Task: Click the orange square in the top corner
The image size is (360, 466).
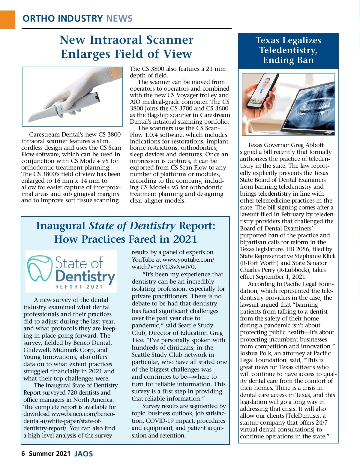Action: click(x=7, y=20)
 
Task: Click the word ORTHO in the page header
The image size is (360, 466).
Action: click(x=38, y=19)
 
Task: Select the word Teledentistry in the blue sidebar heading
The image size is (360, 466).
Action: click(x=288, y=50)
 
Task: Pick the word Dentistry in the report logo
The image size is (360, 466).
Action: click(x=85, y=276)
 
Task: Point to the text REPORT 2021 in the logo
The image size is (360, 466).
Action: click(x=79, y=287)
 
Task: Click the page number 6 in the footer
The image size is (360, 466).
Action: click(x=23, y=453)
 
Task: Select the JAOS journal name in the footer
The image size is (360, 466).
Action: click(x=83, y=454)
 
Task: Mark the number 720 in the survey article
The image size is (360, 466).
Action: click(x=73, y=392)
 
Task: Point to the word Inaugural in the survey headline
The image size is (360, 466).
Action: click(x=61, y=226)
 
